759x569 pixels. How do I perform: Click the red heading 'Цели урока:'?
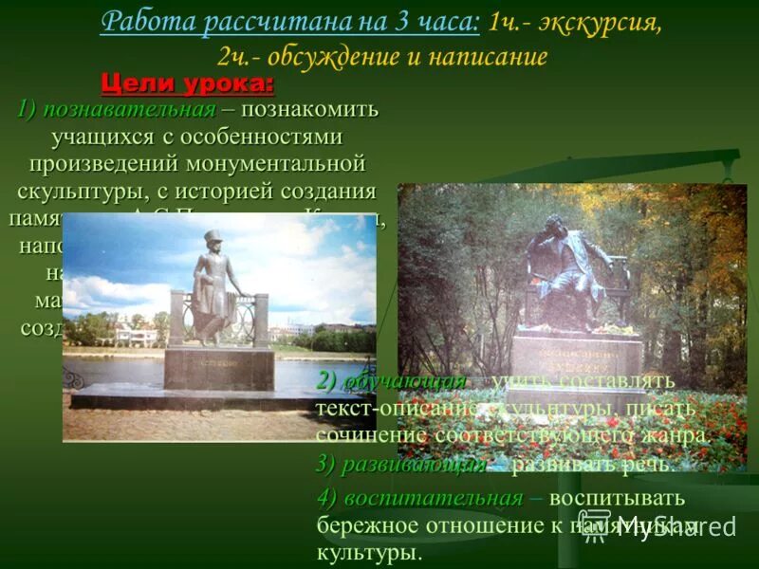(x=187, y=83)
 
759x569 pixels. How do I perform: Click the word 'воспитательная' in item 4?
(x=433, y=499)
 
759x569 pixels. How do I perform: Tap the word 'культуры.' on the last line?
(x=369, y=552)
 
